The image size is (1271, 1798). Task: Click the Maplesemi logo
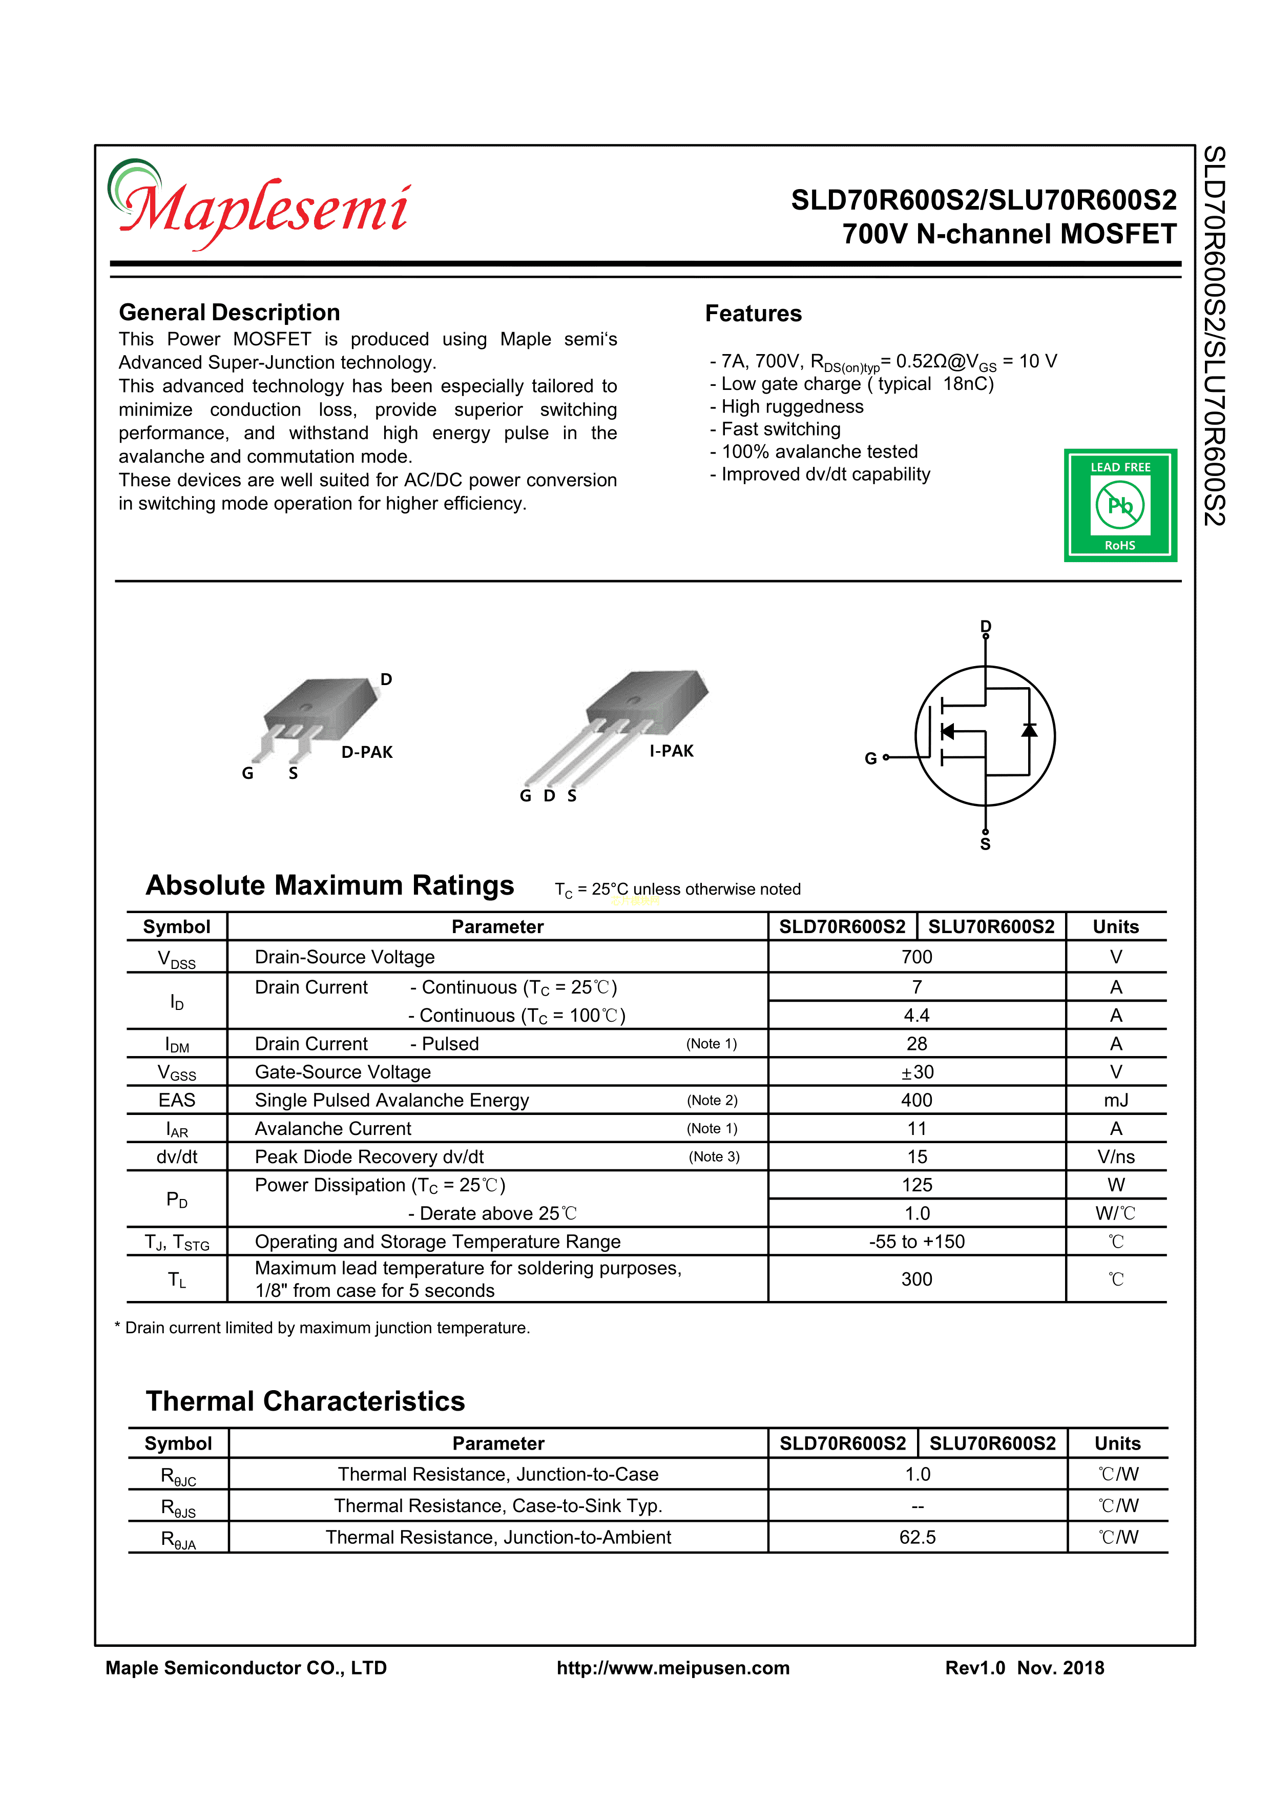(258, 205)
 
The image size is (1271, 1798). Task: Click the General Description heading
(230, 313)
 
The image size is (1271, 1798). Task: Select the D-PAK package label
(366, 752)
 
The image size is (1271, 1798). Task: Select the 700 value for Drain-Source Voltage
(916, 957)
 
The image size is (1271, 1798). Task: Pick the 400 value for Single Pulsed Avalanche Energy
(916, 1100)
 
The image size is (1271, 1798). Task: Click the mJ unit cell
(1116, 1100)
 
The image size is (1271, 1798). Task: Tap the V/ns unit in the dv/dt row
(1116, 1156)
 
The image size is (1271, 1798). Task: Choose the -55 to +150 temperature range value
(916, 1241)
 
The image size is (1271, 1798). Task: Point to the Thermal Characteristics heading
(305, 1401)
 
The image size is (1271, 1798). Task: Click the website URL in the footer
(673, 1668)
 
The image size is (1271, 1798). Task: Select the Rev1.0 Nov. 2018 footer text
(1024, 1668)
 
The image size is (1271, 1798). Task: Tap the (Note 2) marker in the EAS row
(712, 1100)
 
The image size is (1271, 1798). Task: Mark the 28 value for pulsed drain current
(916, 1044)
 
